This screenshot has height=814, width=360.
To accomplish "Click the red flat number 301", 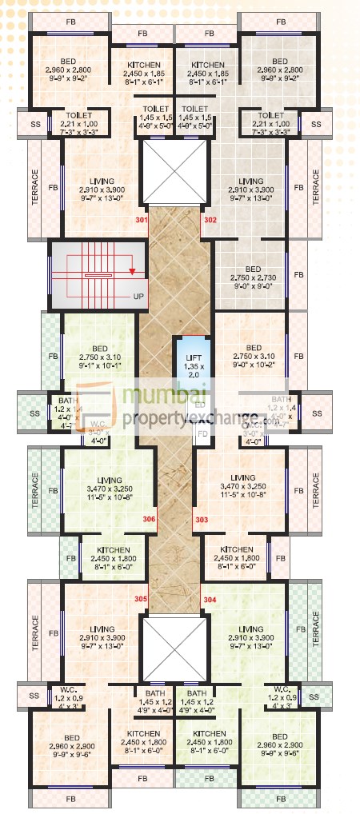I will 142,219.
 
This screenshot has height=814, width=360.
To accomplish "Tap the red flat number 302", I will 210,219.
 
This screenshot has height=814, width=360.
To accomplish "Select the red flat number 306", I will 149,520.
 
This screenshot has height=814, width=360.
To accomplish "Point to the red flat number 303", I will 201,520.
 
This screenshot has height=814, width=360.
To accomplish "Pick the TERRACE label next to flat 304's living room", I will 316,629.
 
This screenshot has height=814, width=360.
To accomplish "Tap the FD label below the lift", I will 203,434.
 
